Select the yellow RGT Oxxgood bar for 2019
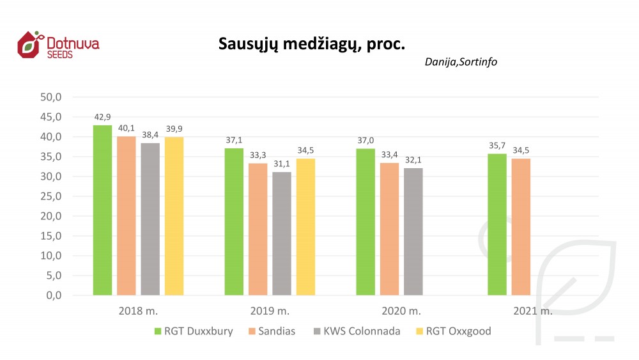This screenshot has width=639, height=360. click(305, 226)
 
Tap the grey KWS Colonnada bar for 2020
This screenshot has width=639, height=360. click(413, 231)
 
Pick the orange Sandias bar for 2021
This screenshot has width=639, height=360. click(521, 226)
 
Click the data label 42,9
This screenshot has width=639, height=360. click(102, 118)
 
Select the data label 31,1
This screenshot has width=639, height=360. click(282, 164)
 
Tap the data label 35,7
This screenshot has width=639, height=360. click(497, 146)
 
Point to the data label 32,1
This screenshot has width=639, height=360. click(413, 160)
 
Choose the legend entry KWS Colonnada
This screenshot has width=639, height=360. click(361, 331)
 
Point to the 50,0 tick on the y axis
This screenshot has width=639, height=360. click(50, 97)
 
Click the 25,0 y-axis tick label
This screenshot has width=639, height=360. click(50, 196)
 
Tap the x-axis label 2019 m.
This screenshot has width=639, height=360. click(270, 311)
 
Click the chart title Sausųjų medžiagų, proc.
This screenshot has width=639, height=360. click(311, 43)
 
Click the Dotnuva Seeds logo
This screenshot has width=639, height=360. click(58, 45)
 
